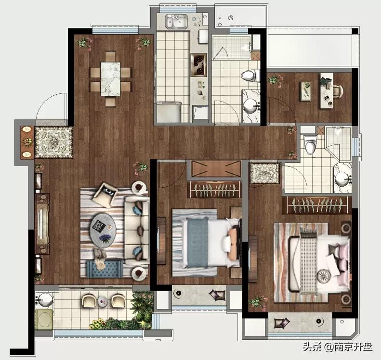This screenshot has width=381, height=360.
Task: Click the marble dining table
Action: [111, 79]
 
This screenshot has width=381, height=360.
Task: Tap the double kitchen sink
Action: [177, 21]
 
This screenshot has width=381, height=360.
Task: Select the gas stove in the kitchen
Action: [199, 65]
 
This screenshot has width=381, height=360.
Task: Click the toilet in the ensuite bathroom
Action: [310, 144]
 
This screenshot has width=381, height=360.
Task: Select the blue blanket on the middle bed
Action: [198, 242]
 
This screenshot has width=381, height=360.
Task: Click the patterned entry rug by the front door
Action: [53, 142]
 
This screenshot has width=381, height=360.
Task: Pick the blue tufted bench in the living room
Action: [105, 269]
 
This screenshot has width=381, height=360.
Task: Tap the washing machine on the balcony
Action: [44, 319]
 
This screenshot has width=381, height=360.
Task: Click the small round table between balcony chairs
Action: [103, 301]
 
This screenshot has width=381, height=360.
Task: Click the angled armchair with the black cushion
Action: [105, 195]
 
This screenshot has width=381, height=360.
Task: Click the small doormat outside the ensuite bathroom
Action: [265, 173]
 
